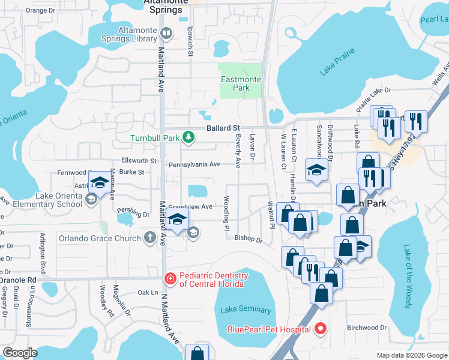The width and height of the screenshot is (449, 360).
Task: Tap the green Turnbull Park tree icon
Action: coord(188,138)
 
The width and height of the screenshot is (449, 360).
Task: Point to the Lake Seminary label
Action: coord(246,310)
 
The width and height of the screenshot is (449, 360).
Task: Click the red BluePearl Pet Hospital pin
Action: coord(320,329)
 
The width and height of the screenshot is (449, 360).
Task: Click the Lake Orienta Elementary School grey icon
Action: coord(91,199)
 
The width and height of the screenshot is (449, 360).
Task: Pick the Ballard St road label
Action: coord(223,128)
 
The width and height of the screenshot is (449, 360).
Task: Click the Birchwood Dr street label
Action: coord(367,328)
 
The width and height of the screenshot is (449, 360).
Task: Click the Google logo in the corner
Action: coord(20,353)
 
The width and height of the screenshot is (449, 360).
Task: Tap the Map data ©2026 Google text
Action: coord(412,355)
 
